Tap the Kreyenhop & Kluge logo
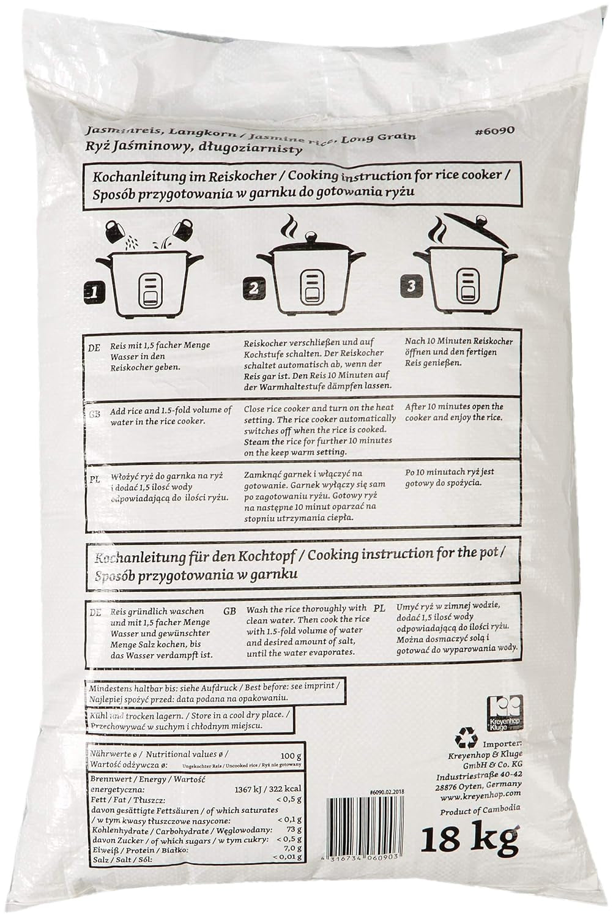(x=502, y=714)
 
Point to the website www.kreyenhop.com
(x=479, y=796)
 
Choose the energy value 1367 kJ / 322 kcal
(x=268, y=788)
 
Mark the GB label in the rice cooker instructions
(x=94, y=414)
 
